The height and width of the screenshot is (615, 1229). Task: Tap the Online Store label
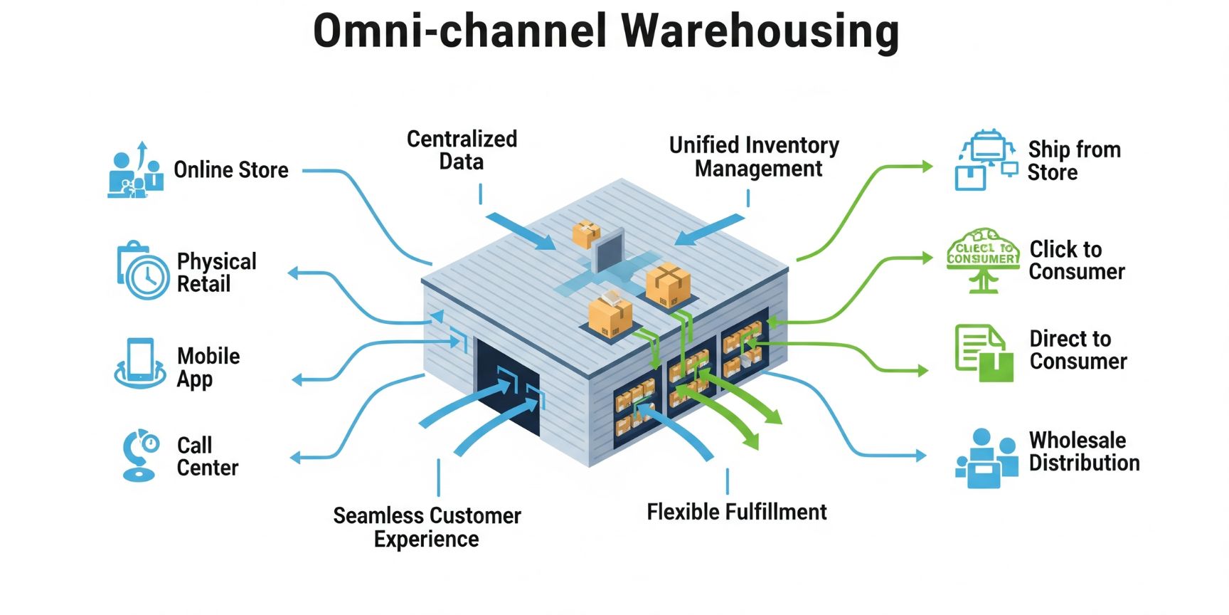click(x=231, y=170)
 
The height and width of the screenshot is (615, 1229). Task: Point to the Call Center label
click(x=207, y=456)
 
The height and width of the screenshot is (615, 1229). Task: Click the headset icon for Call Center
click(x=139, y=455)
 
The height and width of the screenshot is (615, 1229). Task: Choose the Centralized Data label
click(x=462, y=150)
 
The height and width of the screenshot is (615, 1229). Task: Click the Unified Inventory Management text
click(x=755, y=157)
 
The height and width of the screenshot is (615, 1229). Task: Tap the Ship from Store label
click(x=1073, y=161)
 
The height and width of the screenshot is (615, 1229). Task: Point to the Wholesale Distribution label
click(x=1083, y=451)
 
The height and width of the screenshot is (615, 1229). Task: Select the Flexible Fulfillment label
click(x=736, y=512)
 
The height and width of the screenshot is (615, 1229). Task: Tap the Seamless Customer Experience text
click(x=427, y=527)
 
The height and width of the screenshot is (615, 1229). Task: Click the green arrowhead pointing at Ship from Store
click(x=926, y=167)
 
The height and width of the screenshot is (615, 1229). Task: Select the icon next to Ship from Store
click(x=985, y=160)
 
